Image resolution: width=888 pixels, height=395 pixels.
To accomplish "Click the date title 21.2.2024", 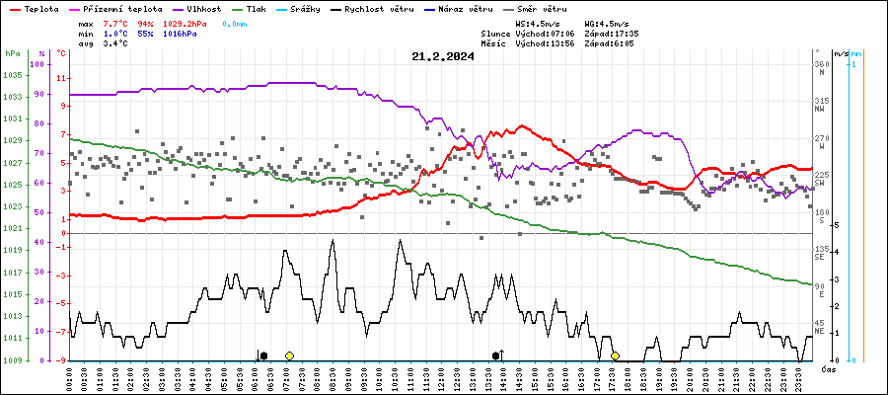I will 442,56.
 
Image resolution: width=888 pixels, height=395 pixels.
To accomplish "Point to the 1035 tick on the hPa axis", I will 12,75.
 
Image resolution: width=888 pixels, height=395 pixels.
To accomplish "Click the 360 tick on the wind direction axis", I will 820,64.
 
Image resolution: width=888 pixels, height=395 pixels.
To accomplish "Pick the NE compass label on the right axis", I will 819,331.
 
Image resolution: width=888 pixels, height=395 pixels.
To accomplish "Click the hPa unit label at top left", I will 12,53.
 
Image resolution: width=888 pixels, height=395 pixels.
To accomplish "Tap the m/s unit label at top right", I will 840,53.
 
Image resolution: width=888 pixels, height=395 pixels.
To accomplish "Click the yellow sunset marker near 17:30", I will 615,355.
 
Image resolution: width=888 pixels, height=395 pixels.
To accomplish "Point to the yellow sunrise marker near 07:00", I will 289,355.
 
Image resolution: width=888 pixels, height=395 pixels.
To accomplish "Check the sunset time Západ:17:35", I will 612,33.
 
